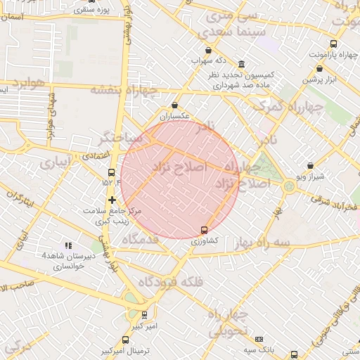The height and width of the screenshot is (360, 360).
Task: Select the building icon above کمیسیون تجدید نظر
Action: point(242,64)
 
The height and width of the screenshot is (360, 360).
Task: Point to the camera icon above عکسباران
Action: point(174,105)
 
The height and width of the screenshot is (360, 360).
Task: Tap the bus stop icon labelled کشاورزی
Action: point(205,230)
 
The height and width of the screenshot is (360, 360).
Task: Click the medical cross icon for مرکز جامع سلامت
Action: point(111,200)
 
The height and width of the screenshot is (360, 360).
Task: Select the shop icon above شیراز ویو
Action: point(311,166)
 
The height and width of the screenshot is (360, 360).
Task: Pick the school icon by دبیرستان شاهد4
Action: point(68,245)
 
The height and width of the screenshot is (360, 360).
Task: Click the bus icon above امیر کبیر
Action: point(145,315)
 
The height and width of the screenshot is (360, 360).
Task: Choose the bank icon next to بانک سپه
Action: point(259,339)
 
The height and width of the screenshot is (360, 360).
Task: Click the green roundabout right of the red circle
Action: point(289,186)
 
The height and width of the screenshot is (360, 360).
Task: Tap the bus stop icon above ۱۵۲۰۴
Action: point(111,172)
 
